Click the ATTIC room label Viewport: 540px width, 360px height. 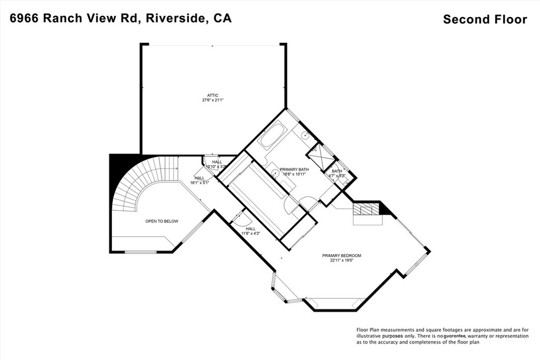pos(213,95)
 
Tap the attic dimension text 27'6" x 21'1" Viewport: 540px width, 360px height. pos(213,100)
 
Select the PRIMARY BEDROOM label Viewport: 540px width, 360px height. pos(342,256)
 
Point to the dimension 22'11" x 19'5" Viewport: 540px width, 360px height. pos(342,260)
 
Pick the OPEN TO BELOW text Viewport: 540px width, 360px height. pos(162,221)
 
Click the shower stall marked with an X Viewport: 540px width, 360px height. pos(321,157)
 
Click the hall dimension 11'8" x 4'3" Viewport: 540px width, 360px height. pos(250,233)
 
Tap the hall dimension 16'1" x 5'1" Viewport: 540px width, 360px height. pos(199,182)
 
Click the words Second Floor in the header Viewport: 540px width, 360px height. pos(485,20)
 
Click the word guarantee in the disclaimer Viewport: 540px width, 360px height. pos(449,336)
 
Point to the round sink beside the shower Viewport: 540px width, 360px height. pos(305,135)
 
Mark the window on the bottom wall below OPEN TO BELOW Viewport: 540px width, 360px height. pos(140,252)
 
